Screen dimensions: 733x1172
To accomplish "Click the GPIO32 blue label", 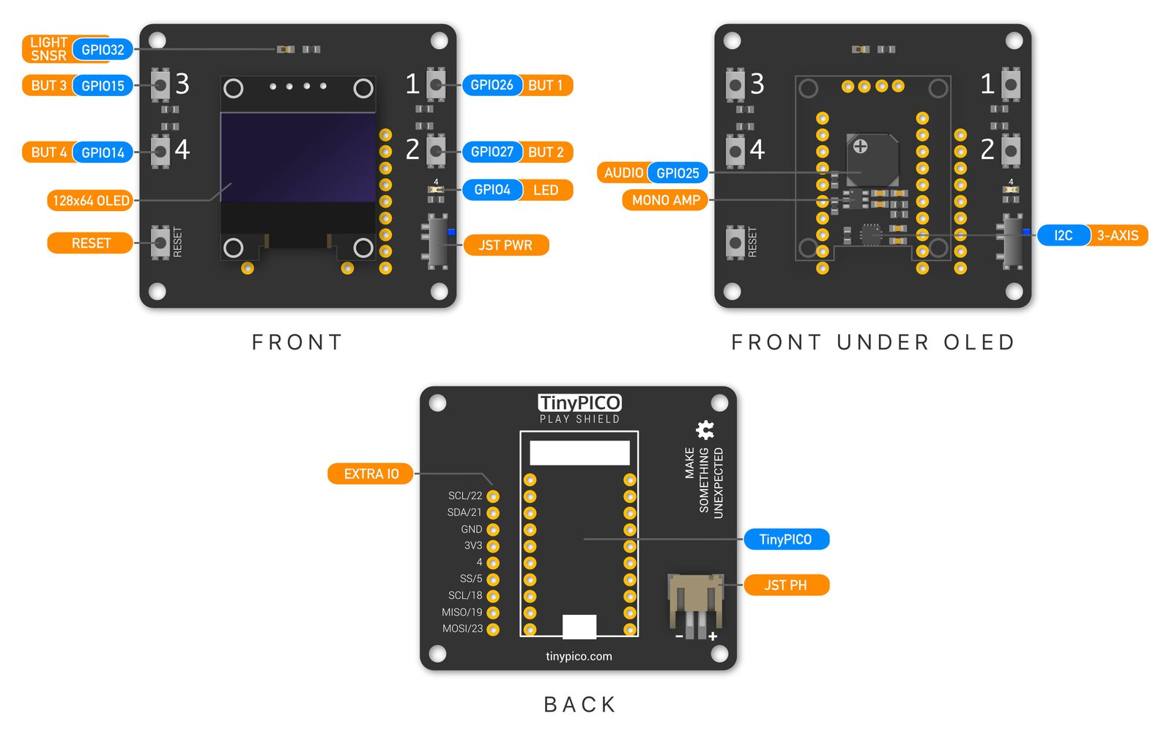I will point(103,50).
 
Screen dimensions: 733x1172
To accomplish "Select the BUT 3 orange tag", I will point(48,86).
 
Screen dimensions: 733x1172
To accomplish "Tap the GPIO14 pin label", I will point(103,152).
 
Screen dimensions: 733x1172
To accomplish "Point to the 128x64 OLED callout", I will point(91,201).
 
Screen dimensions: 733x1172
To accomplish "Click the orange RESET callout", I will point(91,243).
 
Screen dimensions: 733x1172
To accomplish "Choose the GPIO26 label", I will point(492,85).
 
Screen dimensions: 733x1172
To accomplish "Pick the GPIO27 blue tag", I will point(492,152).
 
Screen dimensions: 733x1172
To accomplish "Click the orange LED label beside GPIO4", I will point(546,190).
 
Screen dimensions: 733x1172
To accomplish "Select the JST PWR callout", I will point(505,246).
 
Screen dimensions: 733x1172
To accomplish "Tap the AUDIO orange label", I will point(623,173).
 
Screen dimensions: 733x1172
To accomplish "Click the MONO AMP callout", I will point(666,200).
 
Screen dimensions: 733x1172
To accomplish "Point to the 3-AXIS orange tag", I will point(1117,235).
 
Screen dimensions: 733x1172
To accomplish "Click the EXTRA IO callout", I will point(371,474).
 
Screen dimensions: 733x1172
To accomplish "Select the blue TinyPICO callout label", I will point(785,539).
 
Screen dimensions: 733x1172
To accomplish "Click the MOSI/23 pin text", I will point(462,629).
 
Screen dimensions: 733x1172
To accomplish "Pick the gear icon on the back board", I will point(705,430).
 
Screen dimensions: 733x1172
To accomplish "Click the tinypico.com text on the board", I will point(579,656).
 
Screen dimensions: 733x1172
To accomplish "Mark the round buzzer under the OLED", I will point(872,159).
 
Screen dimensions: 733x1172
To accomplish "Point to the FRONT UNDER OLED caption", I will point(873,342).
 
